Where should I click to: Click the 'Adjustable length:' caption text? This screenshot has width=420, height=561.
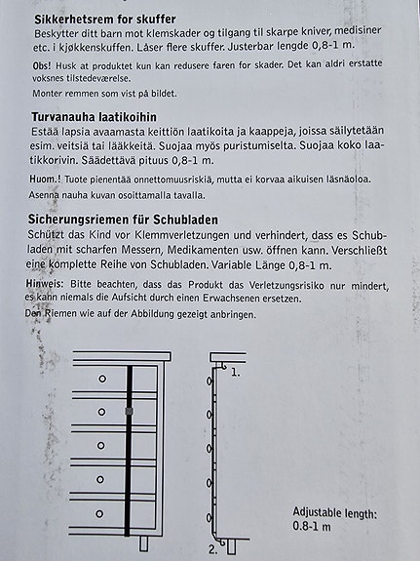334,513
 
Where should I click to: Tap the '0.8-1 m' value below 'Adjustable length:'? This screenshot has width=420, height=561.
312,527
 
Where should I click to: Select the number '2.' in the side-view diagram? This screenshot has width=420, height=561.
212,549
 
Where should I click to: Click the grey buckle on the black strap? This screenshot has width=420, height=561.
128,414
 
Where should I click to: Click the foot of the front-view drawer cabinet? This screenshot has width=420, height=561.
143,543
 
